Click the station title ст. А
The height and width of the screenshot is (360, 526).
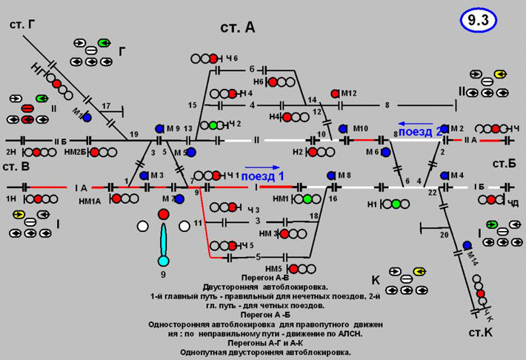coord(238,27)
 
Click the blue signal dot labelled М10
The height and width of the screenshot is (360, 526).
coord(344,129)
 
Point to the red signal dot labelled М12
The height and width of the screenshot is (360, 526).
coord(335,93)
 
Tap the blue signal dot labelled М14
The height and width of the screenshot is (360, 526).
coord(467,245)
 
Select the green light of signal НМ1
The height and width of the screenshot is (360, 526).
coord(307,199)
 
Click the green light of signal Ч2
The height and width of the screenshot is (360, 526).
coord(214,124)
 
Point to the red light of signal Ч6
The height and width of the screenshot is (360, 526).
coord(213,58)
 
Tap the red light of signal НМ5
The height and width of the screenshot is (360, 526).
coord(293,269)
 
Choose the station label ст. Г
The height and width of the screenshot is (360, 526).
coord(22,25)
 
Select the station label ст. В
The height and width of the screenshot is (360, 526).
coord(15,167)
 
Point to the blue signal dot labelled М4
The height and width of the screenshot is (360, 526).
coord(444,176)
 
